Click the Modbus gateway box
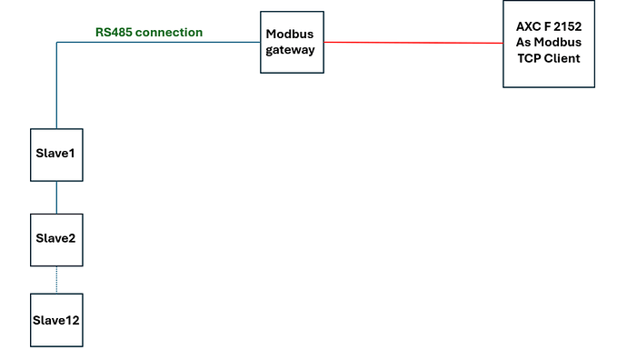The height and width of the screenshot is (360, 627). coord(292,42)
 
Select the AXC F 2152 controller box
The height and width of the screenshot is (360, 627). coord(549,44)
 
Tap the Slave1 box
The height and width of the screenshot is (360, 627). coord(56,155)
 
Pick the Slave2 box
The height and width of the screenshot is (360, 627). coord(56,240)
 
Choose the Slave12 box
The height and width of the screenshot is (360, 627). coord(56,320)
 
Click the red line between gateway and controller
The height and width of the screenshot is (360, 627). coord(413,43)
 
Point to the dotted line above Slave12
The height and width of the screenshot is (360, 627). coord(56,280)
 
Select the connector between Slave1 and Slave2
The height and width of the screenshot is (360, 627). coord(56,197)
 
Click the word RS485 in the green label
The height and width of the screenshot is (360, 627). coord(114,33)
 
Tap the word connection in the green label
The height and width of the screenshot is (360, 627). coord(169,33)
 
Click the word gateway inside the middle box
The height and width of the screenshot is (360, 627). coord(290,50)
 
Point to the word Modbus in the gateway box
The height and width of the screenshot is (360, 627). coord(290,34)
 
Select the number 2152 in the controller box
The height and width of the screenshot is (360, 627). coord(566,26)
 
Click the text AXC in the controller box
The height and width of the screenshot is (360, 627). coord(526,26)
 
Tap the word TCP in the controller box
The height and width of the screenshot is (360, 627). coord(528,58)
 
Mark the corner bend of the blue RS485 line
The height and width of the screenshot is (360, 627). coord(56,42)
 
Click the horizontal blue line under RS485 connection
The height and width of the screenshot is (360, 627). coord(158,42)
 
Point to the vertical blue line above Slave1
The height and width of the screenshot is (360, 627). coord(56,85)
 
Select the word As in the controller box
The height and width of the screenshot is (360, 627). coord(522,43)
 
